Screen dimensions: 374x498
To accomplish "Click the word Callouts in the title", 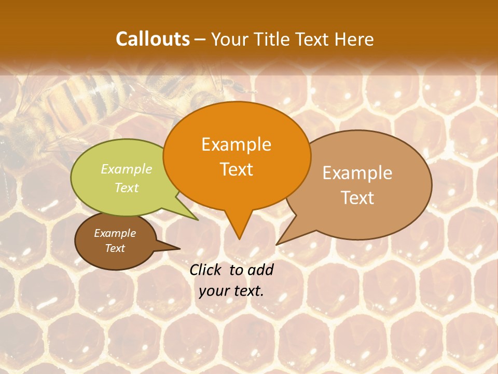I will (x=153, y=39).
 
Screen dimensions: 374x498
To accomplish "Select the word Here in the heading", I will (x=353, y=39).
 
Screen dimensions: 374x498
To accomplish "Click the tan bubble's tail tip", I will (x=277, y=244).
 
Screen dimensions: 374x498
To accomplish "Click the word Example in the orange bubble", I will (x=236, y=144).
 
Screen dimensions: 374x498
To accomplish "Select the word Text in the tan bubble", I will (x=357, y=198).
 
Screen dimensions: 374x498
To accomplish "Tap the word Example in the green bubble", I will (x=127, y=169).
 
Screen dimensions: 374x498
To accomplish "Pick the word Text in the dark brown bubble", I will (x=115, y=248).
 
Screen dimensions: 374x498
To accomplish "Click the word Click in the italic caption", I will (x=206, y=270).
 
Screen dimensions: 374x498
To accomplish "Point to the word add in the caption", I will (x=260, y=270).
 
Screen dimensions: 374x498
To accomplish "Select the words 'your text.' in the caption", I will (x=231, y=291).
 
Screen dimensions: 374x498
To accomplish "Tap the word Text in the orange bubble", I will (x=237, y=169).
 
